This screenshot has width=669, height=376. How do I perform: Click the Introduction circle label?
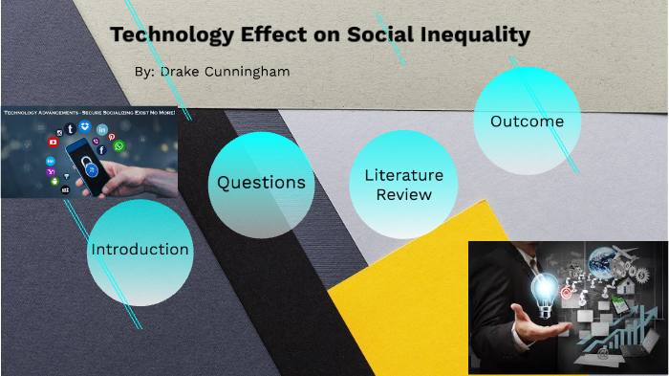click(140, 250)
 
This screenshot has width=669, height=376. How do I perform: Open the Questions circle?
click(261, 183)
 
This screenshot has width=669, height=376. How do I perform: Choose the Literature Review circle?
click(403, 185)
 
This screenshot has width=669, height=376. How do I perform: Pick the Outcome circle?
click(527, 122)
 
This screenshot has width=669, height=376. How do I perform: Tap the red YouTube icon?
click(53, 143)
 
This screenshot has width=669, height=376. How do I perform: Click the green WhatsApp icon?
click(119, 146)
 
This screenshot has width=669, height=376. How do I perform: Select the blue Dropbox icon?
click(85, 126)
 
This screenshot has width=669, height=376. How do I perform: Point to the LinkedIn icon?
click(102, 129)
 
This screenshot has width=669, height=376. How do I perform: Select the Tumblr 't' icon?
click(70, 128)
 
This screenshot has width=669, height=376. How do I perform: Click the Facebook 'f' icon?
click(101, 150)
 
